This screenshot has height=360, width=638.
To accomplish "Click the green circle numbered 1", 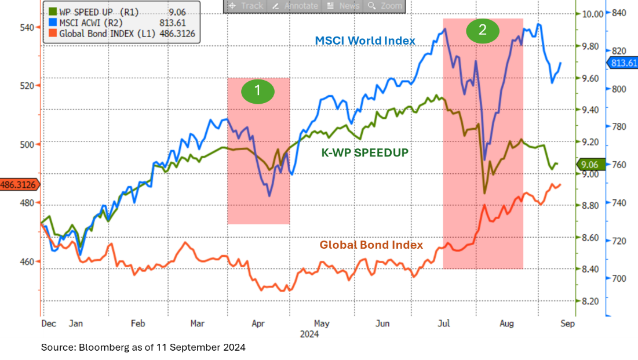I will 258,91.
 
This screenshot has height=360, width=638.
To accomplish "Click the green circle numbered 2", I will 483,30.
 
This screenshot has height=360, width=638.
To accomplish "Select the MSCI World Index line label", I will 365,41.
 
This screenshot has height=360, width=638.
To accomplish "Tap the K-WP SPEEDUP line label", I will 365,153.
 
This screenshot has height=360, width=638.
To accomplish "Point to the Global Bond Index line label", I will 371,245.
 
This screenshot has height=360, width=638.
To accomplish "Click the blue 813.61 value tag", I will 622,63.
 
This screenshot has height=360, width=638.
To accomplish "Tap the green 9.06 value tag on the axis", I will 592,164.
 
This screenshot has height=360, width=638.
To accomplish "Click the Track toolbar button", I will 246,6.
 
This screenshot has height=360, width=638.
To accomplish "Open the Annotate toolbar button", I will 295,6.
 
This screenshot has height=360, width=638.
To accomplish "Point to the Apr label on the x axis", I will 258,323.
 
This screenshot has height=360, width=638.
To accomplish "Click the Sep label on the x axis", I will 567,323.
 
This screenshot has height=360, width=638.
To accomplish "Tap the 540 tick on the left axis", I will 27,27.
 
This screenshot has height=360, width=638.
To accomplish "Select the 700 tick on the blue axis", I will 619,278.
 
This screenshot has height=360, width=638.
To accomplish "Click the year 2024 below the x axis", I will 309,334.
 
